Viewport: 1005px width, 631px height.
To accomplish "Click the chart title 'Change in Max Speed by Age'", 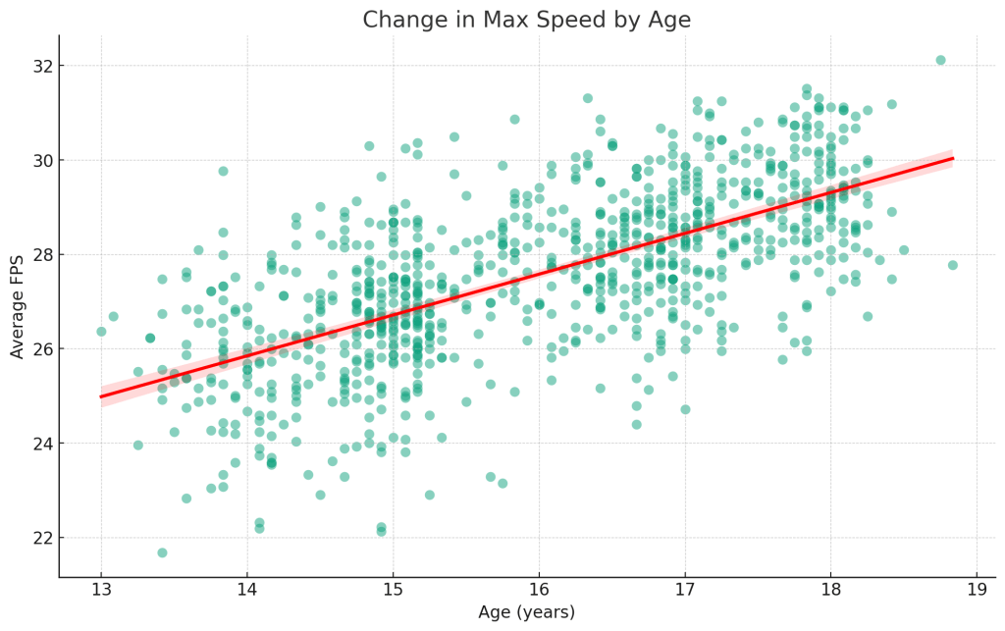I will click(526, 20).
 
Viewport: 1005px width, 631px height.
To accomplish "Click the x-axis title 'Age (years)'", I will click(526, 612).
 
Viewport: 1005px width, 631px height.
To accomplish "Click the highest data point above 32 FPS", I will click(940, 60).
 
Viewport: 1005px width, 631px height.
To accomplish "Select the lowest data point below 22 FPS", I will click(162, 552).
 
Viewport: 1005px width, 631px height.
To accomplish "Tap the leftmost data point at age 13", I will click(101, 332).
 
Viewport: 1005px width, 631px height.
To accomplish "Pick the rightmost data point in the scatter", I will click(952, 265).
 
